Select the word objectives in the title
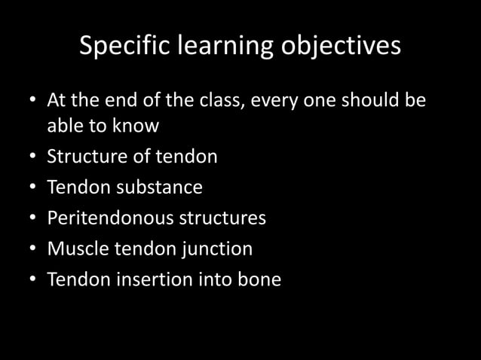pyautogui.click(x=340, y=47)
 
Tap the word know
pyautogui.click(x=136, y=127)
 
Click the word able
pyautogui.click(x=66, y=127)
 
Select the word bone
pyautogui.click(x=260, y=279)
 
